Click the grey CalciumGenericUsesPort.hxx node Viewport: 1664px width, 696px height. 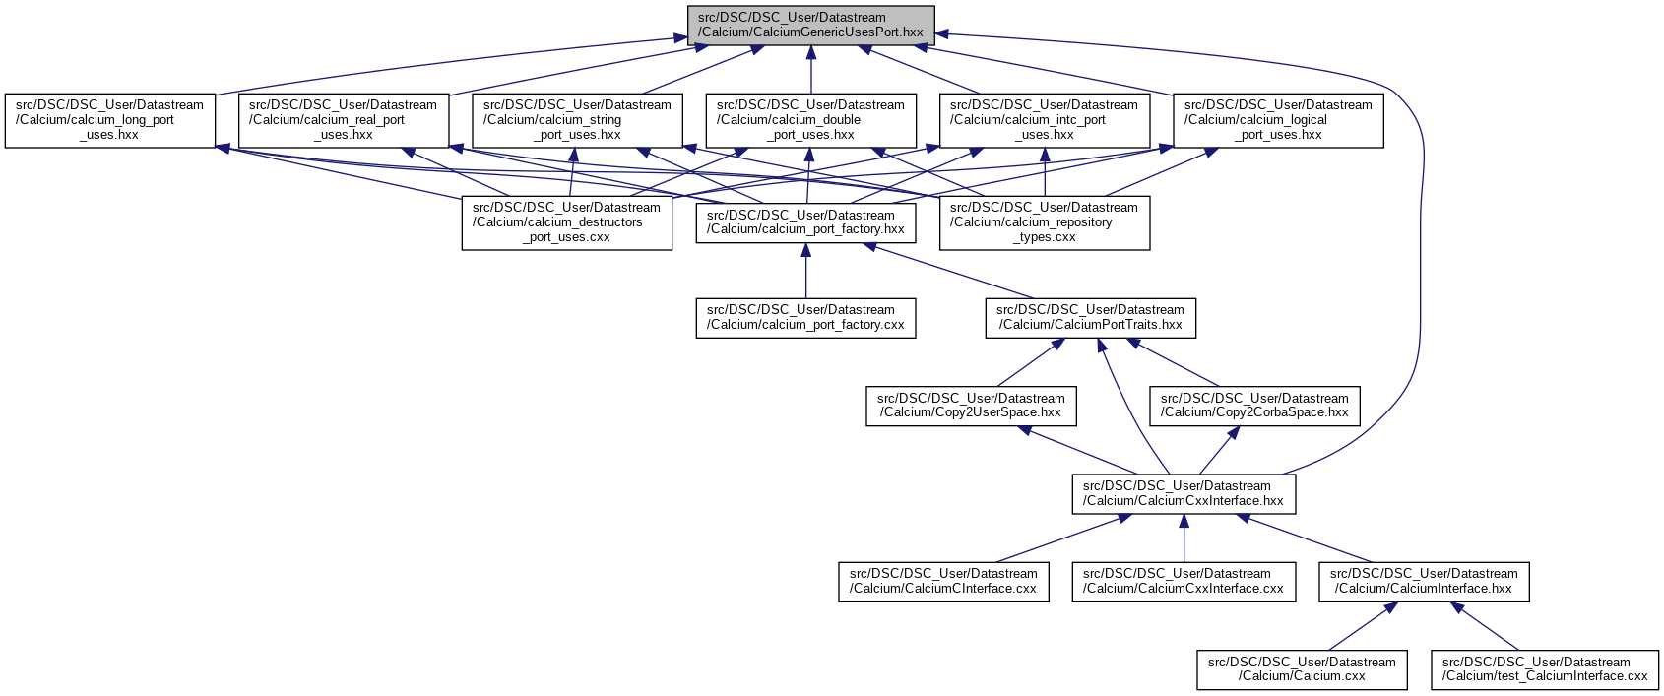[x=810, y=25]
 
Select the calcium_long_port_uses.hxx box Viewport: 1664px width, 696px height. [x=109, y=120]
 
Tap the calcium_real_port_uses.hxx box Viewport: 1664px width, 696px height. [x=344, y=120]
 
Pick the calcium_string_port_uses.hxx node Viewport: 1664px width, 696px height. [x=577, y=120]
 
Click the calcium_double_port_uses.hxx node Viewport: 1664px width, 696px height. [x=810, y=120]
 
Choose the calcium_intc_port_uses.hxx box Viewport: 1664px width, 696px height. [x=1044, y=120]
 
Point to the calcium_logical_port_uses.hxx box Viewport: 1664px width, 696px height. [x=1278, y=120]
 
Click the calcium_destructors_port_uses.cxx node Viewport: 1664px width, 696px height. [x=567, y=222]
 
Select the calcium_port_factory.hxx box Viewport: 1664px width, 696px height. [x=805, y=222]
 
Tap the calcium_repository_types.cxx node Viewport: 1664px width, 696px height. [x=1044, y=222]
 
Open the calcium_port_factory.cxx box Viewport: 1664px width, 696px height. [x=805, y=317]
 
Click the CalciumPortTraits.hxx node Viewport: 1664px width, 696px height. [x=1091, y=317]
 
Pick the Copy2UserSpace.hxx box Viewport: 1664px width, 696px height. [x=971, y=406]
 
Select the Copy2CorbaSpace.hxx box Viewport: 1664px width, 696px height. [x=1254, y=406]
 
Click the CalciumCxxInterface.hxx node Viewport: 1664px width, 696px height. [x=1184, y=493]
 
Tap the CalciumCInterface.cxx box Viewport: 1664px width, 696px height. [x=943, y=581]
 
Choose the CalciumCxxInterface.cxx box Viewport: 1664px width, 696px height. [x=1184, y=581]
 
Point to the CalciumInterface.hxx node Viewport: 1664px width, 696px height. [x=1424, y=581]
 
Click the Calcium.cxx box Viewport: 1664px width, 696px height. [x=1302, y=669]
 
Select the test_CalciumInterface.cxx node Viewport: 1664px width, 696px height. [x=1545, y=669]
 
